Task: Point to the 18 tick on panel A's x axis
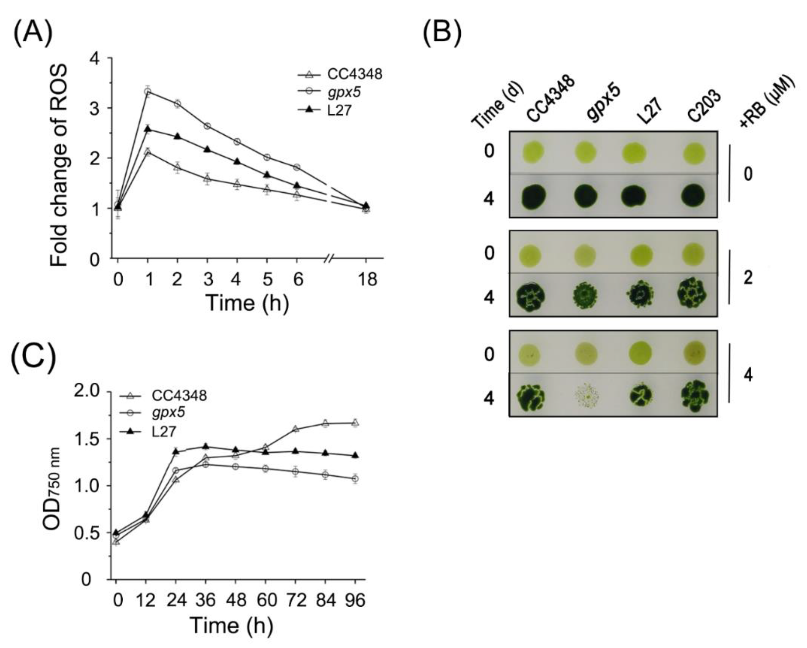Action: click(x=367, y=279)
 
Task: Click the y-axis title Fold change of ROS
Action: click(x=59, y=165)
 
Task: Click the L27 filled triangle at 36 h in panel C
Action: click(x=205, y=447)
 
